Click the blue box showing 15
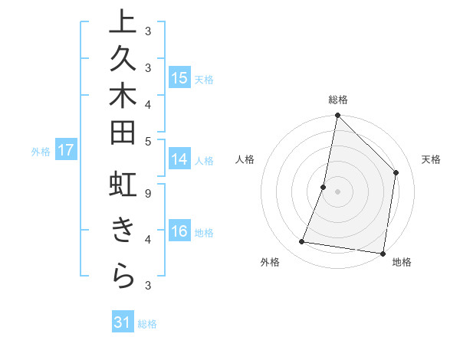pos(179,77)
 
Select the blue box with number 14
pos(179,159)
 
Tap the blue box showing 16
pos(179,231)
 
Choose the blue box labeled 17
pos(66,151)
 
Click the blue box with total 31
pos(123,322)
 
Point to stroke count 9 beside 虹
pos(148,193)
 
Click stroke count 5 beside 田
pos(148,140)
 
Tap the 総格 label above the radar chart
pos(337,100)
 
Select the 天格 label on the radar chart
pos(431,159)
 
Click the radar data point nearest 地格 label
pos(383,253)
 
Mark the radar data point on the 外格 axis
pos(302,242)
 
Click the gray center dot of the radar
pos(337,191)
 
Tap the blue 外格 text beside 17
pos(41,152)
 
